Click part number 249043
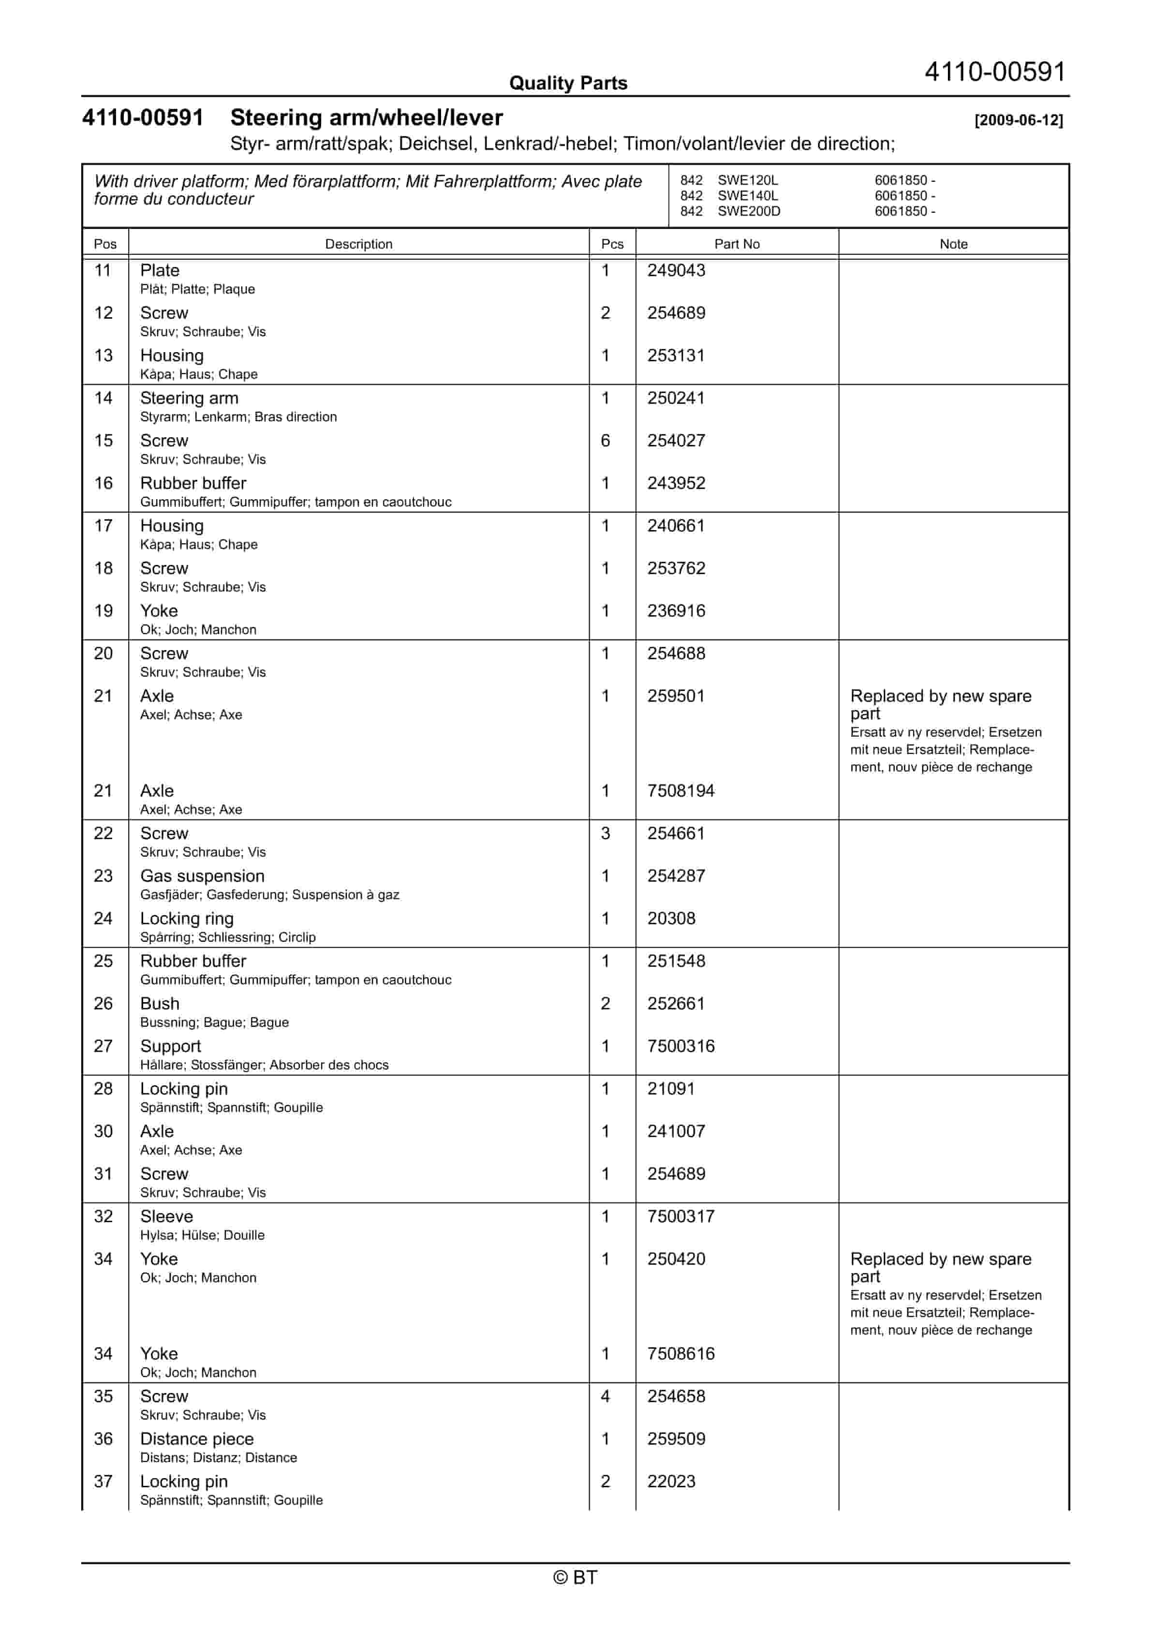676,270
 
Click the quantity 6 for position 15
605,441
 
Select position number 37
103,1481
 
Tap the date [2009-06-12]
1018,120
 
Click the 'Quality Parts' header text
568,83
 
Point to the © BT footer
575,1577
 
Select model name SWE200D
749,211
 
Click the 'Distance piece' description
196,1439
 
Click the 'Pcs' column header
612,244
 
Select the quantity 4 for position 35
605,1396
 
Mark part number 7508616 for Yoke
680,1354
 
